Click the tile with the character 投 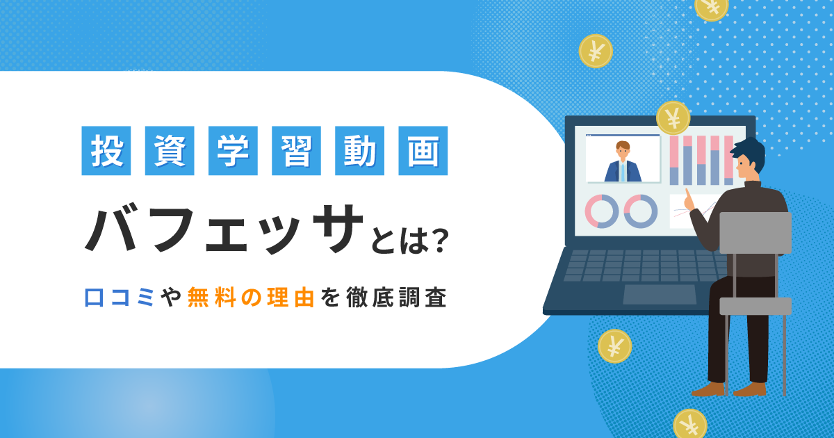[x=106, y=150]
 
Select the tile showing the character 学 [x=233, y=150]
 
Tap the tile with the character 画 [x=423, y=150]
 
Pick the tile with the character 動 [x=359, y=150]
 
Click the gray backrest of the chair [x=755, y=232]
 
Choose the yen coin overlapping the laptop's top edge [x=672, y=117]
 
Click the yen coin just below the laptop [x=614, y=346]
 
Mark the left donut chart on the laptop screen [x=601, y=211]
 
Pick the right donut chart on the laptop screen [x=640, y=211]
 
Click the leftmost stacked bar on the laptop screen [x=673, y=161]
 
